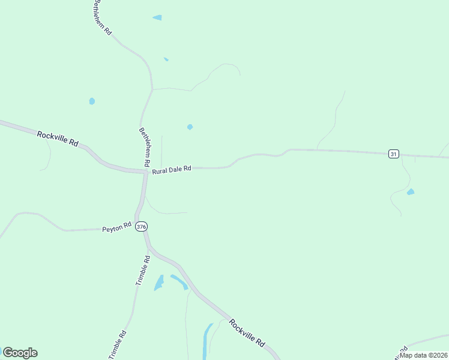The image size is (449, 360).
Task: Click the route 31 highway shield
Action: pyautogui.click(x=393, y=154)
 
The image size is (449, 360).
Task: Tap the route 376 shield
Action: pyautogui.click(x=141, y=226)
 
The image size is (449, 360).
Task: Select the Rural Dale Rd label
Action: pyautogui.click(x=171, y=170)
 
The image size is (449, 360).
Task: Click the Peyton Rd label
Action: pyautogui.click(x=116, y=229)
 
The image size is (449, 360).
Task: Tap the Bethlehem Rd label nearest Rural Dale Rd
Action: pyautogui.click(x=145, y=146)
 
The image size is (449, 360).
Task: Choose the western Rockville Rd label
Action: pyautogui.click(x=58, y=139)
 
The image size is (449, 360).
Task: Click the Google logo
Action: pyautogui.click(x=20, y=353)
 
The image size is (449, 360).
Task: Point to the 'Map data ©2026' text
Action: pyautogui.click(x=423, y=355)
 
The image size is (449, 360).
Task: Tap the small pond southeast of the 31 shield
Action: pyautogui.click(x=411, y=192)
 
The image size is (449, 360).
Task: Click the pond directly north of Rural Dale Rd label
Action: pyautogui.click(x=190, y=127)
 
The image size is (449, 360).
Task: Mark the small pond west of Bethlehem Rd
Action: pyautogui.click(x=92, y=101)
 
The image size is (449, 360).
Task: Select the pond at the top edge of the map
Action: pyautogui.click(x=157, y=18)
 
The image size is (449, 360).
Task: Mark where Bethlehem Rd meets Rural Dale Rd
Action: pyautogui.click(x=146, y=172)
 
